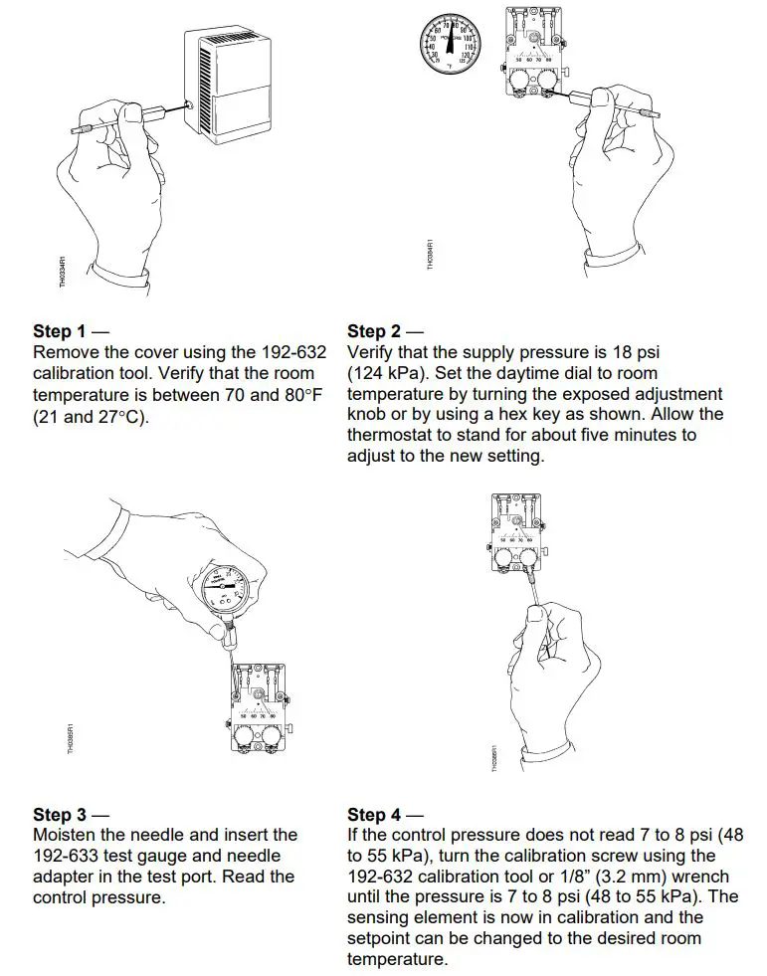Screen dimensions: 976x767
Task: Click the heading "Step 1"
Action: click(66, 331)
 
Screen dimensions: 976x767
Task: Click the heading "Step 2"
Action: click(380, 331)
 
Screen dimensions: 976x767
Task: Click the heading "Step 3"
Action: click(66, 815)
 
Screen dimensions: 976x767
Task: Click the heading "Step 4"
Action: click(380, 815)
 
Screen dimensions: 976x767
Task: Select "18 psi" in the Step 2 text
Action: click(633, 353)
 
